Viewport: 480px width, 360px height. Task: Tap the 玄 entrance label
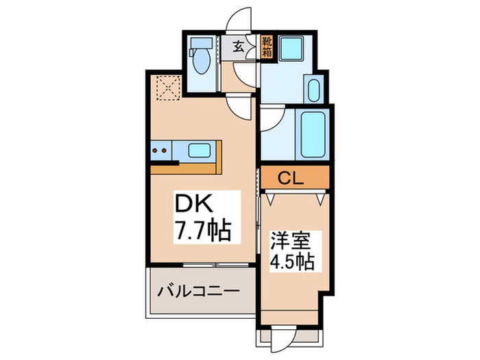click(238, 47)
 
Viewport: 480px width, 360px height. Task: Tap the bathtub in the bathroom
click(313, 134)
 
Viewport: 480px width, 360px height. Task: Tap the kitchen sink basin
click(200, 149)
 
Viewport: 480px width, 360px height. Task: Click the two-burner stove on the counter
click(160, 149)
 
